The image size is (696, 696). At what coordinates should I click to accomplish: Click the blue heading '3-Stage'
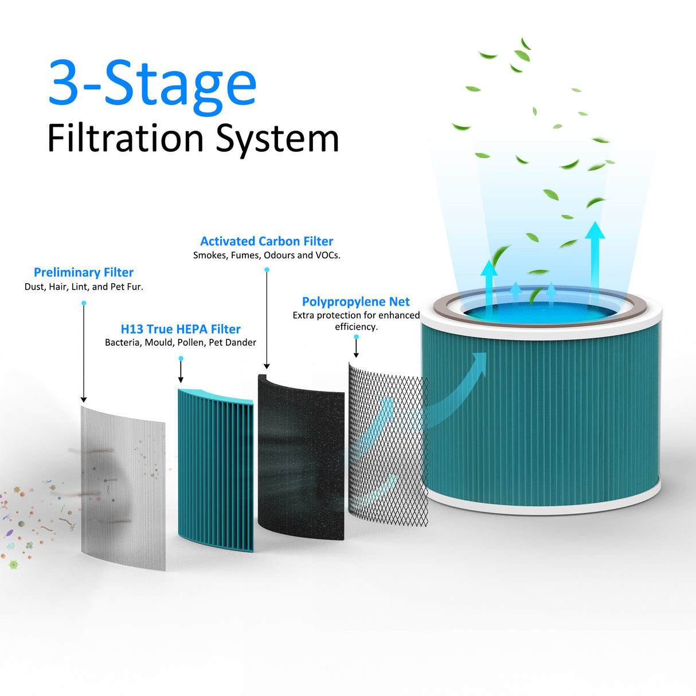pyautogui.click(x=152, y=84)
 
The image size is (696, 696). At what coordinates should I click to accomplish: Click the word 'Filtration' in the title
pyautogui.click(x=126, y=139)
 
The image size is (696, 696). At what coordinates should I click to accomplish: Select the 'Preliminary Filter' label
pyautogui.click(x=84, y=272)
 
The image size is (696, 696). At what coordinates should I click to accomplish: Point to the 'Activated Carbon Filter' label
pyautogui.click(x=267, y=241)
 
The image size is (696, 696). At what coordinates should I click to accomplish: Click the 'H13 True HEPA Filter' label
pyautogui.click(x=181, y=329)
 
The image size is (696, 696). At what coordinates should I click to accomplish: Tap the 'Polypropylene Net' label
pyautogui.click(x=356, y=302)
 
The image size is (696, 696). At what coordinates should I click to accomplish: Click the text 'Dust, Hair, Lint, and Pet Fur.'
pyautogui.click(x=84, y=287)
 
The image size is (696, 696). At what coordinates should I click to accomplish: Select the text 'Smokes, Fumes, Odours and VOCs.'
pyautogui.click(x=267, y=255)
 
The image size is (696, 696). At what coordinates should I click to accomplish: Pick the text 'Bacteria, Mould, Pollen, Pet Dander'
pyautogui.click(x=181, y=342)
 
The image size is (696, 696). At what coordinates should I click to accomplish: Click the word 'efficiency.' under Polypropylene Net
pyautogui.click(x=356, y=327)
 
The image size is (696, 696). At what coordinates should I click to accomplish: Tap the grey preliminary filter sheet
pyautogui.click(x=123, y=487)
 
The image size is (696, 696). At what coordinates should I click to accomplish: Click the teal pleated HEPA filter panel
pyautogui.click(x=216, y=470)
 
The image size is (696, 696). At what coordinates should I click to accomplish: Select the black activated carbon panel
pyautogui.click(x=301, y=459)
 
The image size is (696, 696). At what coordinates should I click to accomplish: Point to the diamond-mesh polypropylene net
pyautogui.click(x=388, y=447)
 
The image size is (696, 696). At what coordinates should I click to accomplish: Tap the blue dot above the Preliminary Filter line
pyautogui.click(x=84, y=303)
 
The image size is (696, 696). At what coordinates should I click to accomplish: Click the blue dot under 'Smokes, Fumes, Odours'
pyautogui.click(x=267, y=269)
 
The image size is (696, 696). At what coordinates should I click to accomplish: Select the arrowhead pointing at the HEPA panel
pyautogui.click(x=181, y=379)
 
